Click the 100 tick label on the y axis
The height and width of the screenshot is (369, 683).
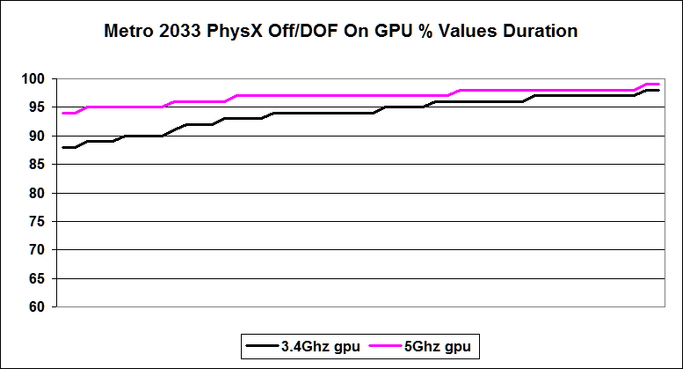point(34,79)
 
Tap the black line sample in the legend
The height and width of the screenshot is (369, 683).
point(263,347)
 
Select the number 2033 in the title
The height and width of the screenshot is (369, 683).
point(177,32)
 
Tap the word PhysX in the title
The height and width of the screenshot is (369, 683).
point(227,32)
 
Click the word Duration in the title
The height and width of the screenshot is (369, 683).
point(541,32)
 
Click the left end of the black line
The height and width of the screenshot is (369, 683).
point(63,147)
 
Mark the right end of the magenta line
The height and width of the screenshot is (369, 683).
point(658,85)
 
